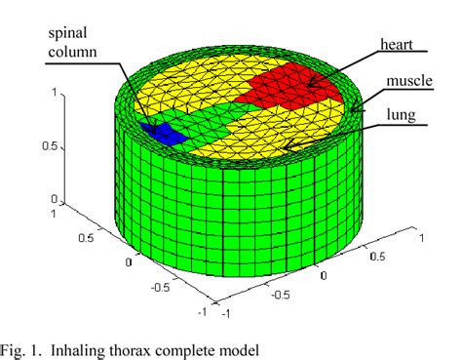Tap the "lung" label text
point(400,115)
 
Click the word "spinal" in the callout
point(70,32)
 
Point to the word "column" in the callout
point(73,50)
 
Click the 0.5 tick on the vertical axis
point(51,148)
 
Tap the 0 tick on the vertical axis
point(56,201)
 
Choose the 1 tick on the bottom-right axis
point(420,237)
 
